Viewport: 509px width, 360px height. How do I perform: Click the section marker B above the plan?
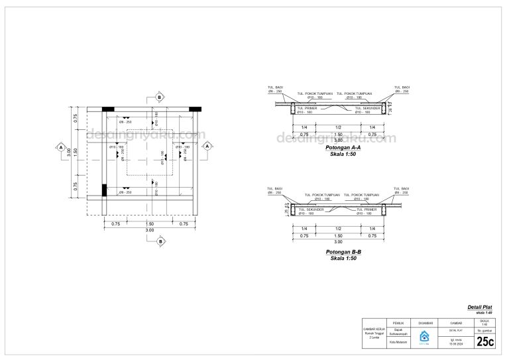(159, 97)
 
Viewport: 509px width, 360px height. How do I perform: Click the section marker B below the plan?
(159, 242)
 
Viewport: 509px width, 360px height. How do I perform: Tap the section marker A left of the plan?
(61, 147)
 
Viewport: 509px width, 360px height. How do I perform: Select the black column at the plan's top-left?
(108, 108)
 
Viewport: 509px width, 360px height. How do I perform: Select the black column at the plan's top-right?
(195, 108)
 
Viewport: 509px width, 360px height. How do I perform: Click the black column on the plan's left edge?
(104, 190)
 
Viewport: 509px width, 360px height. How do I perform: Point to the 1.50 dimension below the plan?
(150, 224)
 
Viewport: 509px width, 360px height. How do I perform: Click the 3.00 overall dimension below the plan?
(150, 230)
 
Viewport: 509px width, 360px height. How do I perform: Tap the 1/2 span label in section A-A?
(338, 127)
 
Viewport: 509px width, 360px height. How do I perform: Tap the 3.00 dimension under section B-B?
(338, 241)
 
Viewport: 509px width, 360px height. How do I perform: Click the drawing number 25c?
(484, 341)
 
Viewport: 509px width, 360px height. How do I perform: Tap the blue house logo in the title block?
(424, 335)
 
